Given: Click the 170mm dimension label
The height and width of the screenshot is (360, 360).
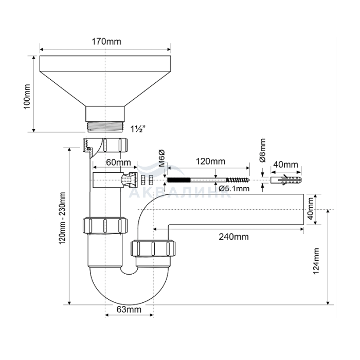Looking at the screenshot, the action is click(106, 42).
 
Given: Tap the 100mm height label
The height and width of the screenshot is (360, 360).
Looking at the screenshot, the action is click(27, 97).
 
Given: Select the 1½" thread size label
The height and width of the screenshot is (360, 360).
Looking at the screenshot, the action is click(138, 129).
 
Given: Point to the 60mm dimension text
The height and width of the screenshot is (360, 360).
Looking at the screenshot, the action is click(118, 163).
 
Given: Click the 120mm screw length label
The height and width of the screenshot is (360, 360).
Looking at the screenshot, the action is click(210, 161).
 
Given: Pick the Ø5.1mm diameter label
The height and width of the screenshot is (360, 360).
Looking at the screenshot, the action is click(233, 189).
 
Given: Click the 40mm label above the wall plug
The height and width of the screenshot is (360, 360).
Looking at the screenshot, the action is click(285, 165).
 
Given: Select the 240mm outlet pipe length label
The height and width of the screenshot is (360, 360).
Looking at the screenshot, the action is click(233, 237).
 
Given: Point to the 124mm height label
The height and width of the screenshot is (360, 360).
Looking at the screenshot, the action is click(316, 261).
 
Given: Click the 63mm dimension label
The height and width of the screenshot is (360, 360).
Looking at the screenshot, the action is click(129, 310).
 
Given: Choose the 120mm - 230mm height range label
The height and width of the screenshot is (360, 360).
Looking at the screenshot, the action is click(62, 219).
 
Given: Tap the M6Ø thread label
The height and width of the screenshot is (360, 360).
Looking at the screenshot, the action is click(162, 158).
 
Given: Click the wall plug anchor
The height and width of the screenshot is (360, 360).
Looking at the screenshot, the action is click(286, 180).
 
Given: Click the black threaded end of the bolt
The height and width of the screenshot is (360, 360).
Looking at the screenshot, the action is click(179, 180).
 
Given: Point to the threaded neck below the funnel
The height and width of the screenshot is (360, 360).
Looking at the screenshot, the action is click(105, 127).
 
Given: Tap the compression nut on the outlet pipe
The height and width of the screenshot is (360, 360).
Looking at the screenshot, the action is click(153, 248).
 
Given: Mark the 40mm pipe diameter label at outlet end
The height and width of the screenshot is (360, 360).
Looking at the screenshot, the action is click(311, 209).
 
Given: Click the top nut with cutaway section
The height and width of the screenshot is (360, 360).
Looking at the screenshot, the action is click(104, 145).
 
